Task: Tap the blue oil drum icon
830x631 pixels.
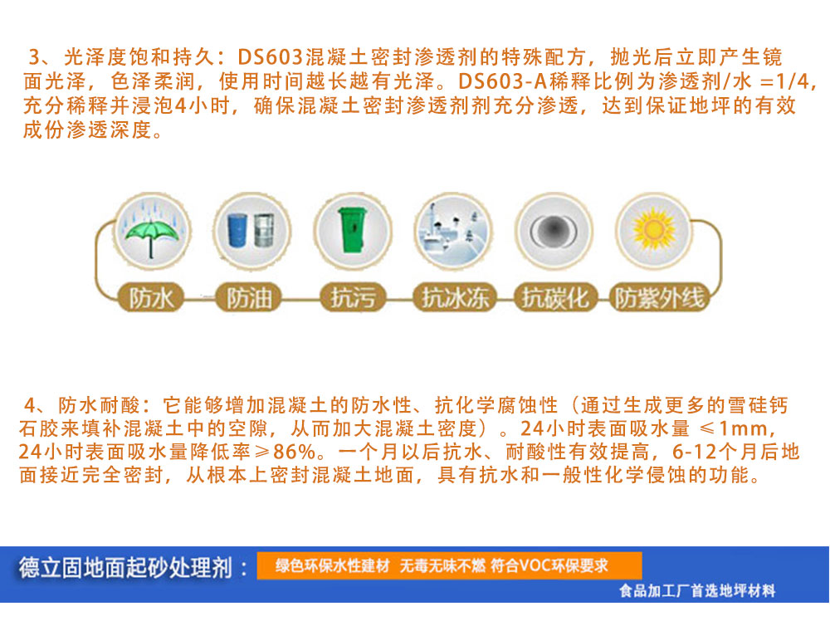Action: [x=237, y=230]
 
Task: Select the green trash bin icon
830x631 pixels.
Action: [x=353, y=229]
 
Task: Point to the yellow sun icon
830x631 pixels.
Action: [x=654, y=230]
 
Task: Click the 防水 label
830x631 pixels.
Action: [x=151, y=298]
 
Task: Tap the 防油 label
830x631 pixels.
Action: [x=249, y=298]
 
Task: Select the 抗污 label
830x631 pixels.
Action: [x=353, y=297]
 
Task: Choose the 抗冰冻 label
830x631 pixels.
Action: [x=455, y=297]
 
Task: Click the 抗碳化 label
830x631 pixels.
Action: [x=554, y=297]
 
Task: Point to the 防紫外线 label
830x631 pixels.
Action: [x=659, y=297]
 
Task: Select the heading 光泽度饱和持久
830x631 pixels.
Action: [x=139, y=56]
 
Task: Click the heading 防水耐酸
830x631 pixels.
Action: [x=99, y=405]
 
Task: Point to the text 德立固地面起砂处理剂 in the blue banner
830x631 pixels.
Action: [x=125, y=568]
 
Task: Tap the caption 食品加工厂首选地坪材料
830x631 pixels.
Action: [x=697, y=591]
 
